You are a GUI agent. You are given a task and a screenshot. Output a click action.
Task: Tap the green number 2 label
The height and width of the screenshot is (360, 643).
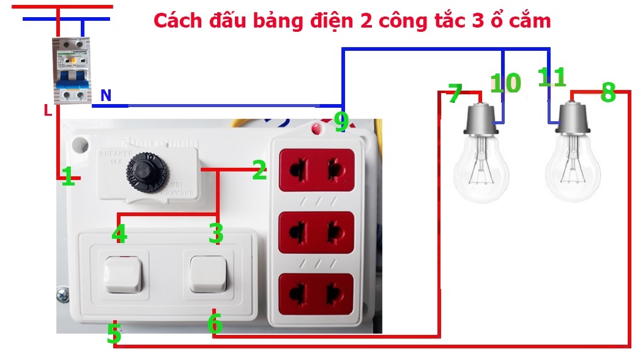pos(259,171)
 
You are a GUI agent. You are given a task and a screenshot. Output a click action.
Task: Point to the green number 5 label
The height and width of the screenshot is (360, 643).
pos(114,334)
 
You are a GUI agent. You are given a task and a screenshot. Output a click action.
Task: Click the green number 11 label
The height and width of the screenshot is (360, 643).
pos(552,78)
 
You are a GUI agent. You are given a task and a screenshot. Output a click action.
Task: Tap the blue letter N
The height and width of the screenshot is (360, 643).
pos(106,96)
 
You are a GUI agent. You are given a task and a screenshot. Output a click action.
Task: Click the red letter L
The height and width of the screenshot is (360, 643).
pos(48,111)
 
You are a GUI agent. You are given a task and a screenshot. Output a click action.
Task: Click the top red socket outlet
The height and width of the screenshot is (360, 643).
pos(317,167)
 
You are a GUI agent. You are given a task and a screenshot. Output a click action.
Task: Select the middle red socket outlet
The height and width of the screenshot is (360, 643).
pos(317,231)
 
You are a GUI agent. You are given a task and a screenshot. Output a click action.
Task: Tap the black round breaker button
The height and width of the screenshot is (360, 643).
pos(142,168)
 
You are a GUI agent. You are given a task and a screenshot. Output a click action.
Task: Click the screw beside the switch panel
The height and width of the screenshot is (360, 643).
pos(62,296)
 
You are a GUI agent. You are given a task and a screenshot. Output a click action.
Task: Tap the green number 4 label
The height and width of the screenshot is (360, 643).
pos(119,234)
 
